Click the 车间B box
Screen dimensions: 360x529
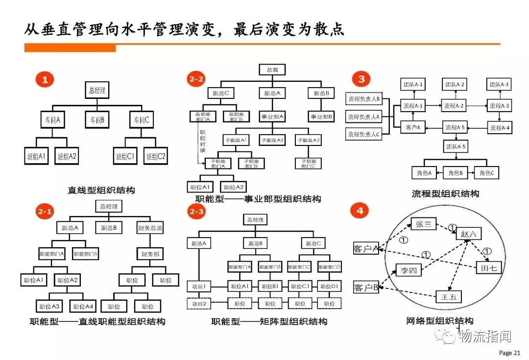pos(96,119)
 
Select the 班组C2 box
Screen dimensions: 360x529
pos(155,157)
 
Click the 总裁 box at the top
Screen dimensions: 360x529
pos(272,70)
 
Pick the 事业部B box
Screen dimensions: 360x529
pos(321,117)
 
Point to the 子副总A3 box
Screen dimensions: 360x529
pos(308,141)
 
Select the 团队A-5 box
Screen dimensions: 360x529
pos(456,146)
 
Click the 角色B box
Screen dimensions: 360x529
pos(456,173)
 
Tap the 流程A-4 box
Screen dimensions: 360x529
pos(500,128)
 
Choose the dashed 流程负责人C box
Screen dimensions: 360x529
pos(364,134)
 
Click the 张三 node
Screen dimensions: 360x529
pos(423,224)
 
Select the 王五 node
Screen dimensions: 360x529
pos(449,296)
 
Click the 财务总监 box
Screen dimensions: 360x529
pos(149,228)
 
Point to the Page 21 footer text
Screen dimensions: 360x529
pos(509,353)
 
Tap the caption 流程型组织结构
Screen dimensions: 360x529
pos(445,193)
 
